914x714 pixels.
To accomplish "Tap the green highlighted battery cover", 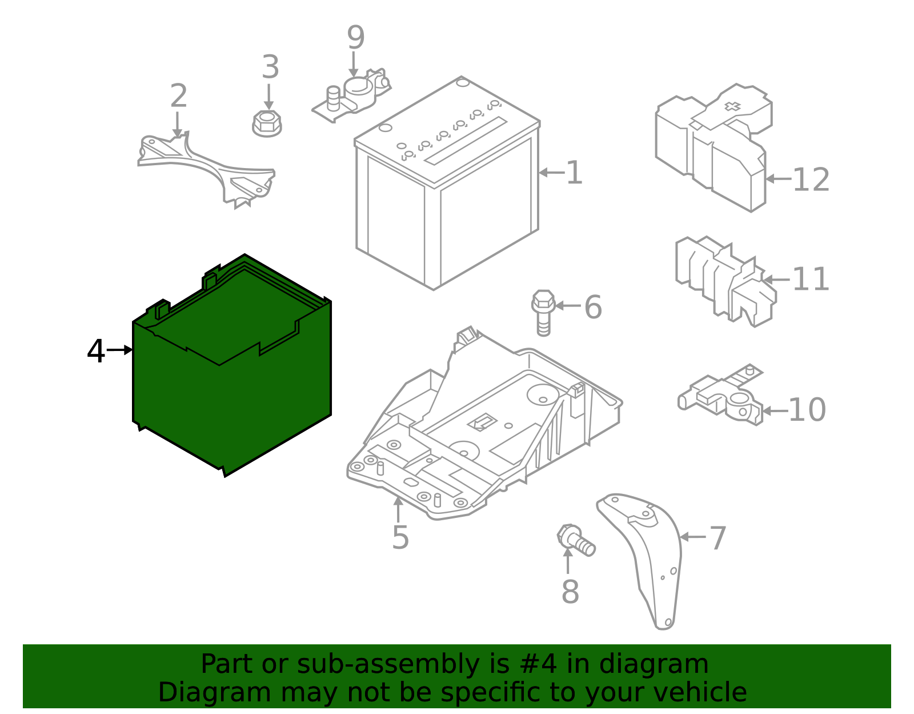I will tap(231, 394).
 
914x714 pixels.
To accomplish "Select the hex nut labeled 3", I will tap(267, 123).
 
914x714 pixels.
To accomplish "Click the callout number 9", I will tap(355, 38).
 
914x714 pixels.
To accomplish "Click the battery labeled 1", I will tap(446, 189).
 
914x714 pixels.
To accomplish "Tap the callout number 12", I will tap(811, 180).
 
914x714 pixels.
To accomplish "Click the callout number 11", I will tap(811, 280).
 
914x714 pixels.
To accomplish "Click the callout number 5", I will tap(400, 537).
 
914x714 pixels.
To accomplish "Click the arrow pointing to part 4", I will tap(120, 350).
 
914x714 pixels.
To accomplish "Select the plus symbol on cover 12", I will tap(732, 106).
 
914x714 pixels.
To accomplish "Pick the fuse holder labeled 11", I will tap(725, 280).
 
